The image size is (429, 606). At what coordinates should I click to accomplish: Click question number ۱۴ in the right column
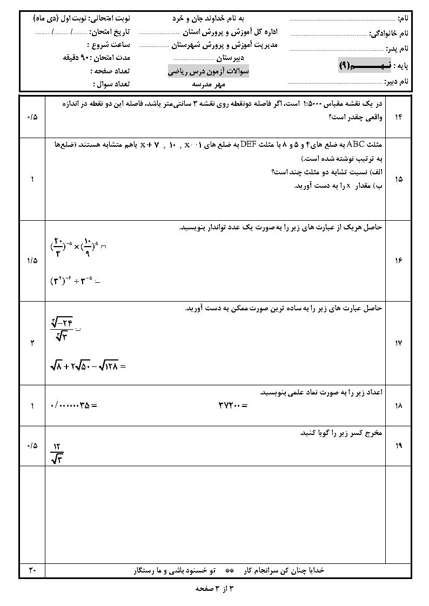tap(399, 117)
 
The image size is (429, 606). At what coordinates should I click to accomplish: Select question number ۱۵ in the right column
tap(399, 179)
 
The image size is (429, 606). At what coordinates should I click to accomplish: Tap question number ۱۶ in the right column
tap(399, 261)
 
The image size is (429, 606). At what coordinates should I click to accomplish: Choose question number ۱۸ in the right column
tap(399, 405)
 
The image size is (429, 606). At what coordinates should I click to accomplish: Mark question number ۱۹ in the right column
tap(399, 446)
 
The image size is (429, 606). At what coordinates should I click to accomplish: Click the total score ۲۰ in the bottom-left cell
tap(31, 570)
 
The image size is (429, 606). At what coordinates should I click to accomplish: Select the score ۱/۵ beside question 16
tap(31, 261)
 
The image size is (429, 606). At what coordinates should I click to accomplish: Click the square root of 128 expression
tap(106, 367)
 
